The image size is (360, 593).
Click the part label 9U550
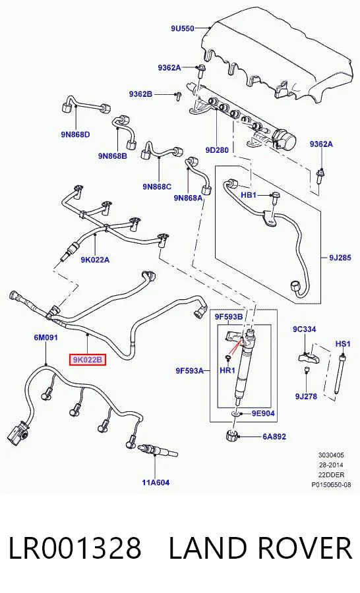(183, 28)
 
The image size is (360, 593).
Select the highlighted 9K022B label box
(87, 360)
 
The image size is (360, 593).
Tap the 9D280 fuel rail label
(217, 150)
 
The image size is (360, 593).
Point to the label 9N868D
(75, 134)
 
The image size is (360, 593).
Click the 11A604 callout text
(156, 482)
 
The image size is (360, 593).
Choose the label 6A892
(274, 436)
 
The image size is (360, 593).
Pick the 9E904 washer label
(263, 413)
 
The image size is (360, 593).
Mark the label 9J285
(340, 258)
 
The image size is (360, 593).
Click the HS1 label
(343, 344)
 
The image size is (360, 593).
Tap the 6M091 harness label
(45, 337)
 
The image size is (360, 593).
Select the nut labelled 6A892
(231, 436)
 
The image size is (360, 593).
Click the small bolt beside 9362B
(177, 96)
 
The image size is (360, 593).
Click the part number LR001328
(75, 548)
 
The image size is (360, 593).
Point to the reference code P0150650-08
(331, 484)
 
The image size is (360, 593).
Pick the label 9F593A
(190, 371)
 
